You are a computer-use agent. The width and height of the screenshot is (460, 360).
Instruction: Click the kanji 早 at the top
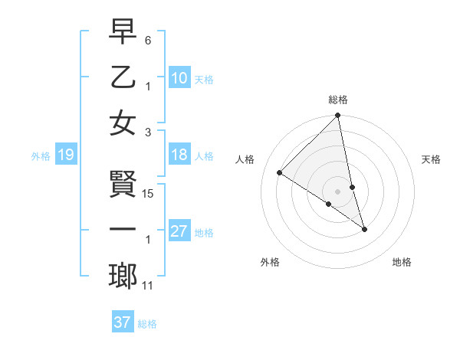pyautogui.click(x=123, y=33)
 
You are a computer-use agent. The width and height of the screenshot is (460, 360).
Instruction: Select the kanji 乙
pyautogui.click(x=123, y=77)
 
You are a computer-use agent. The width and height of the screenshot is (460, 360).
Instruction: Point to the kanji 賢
pyautogui.click(x=123, y=185)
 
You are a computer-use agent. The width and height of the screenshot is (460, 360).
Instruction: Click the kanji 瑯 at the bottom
pyautogui.click(x=123, y=277)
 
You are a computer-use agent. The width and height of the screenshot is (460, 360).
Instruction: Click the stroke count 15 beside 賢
pyautogui.click(x=149, y=193)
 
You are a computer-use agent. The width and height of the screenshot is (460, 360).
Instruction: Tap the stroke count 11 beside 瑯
pyautogui.click(x=148, y=286)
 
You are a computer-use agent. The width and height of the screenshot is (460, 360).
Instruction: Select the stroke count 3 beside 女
pyautogui.click(x=148, y=132)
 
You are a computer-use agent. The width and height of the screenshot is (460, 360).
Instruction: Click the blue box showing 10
pyautogui.click(x=179, y=77)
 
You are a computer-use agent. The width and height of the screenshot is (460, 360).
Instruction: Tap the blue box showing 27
pyautogui.click(x=179, y=232)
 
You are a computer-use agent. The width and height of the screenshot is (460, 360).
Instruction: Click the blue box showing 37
pyautogui.click(x=122, y=322)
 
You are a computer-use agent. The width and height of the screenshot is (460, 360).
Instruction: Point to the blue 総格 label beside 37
pyautogui.click(x=147, y=324)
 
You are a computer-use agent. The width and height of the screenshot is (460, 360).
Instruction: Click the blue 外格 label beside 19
pyautogui.click(x=41, y=156)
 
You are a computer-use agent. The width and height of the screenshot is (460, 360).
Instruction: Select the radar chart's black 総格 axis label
pyautogui.click(x=337, y=100)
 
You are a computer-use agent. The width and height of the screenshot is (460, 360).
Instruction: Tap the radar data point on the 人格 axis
pyautogui.click(x=280, y=173)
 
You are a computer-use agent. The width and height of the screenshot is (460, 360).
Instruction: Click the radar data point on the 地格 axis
pyautogui.click(x=364, y=229)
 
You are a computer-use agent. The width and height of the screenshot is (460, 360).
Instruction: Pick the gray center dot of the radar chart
pyautogui.click(x=337, y=191)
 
